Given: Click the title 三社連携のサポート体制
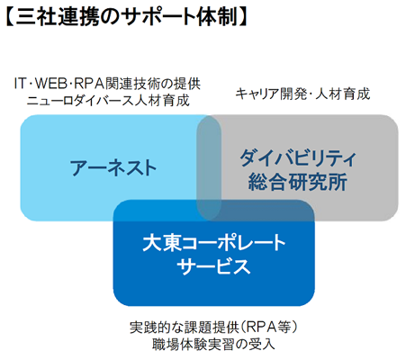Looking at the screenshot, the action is (127, 17).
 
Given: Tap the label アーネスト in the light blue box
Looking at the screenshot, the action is (113, 167).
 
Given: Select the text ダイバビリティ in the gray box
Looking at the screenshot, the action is (298, 157).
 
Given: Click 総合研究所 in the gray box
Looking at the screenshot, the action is (298, 182).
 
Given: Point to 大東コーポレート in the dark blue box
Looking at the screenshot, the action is (214, 243).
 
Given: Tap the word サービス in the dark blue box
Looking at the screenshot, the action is (213, 266).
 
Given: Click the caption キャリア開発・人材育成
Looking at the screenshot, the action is (302, 94).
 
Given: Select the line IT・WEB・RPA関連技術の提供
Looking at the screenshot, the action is (107, 84).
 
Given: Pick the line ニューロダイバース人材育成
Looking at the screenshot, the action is (108, 101).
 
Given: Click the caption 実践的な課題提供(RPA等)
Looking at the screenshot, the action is (213, 328).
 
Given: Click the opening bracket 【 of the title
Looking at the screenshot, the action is (10, 17).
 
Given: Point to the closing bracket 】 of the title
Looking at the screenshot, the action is (243, 17).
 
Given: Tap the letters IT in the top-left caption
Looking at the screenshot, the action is (21, 84).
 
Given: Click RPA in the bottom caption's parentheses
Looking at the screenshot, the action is (261, 328).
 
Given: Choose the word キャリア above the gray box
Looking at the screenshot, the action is (257, 94).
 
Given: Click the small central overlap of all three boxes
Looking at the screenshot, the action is (209, 210).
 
